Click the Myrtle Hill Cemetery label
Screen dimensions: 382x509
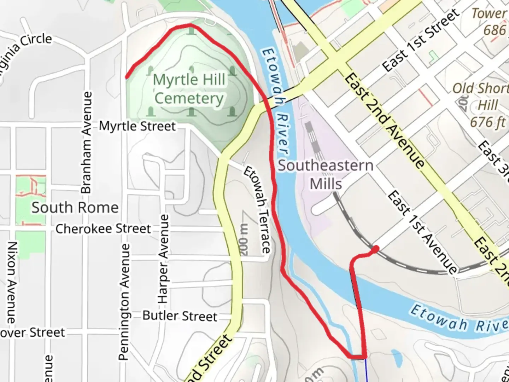click(189, 89)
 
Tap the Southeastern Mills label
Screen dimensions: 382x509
click(326, 175)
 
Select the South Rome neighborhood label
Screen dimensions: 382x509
click(75, 208)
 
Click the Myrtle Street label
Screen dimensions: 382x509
click(137, 126)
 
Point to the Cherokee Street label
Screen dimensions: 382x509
click(103, 229)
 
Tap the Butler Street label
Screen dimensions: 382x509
click(180, 316)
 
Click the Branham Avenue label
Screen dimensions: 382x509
click(87, 142)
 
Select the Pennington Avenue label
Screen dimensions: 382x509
click(124, 301)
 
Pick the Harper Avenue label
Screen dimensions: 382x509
click(163, 259)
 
